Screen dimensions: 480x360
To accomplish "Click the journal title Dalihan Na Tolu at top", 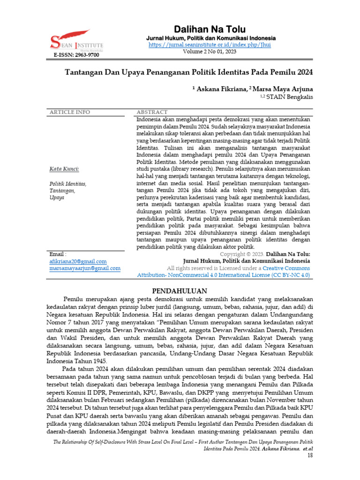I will click(210, 29).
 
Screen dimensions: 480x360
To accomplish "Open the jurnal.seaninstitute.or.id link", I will click(210, 45).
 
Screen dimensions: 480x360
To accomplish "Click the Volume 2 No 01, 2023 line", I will click(210, 52).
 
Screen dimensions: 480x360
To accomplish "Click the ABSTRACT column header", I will click(151, 112).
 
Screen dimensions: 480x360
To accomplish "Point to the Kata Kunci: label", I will click(64, 169).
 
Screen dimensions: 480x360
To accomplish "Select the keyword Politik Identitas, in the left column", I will click(68, 184).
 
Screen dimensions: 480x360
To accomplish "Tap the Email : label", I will click(58, 254).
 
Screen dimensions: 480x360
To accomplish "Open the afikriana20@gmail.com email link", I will click(78, 261).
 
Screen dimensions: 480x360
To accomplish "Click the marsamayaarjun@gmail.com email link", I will click(85, 269).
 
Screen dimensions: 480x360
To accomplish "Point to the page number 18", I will click(310, 456).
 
